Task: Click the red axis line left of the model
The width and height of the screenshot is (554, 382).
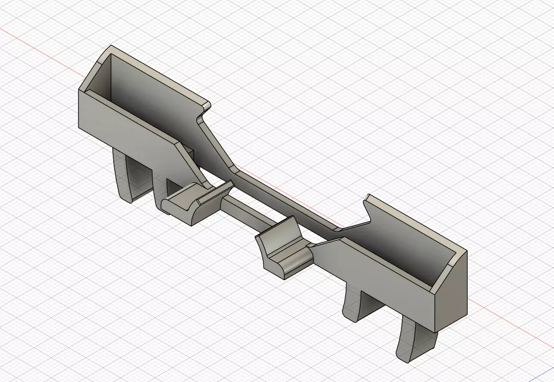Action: [38, 48]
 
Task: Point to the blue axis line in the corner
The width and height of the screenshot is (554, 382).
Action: [547, 374]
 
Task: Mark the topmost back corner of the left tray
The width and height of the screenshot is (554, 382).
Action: [111, 47]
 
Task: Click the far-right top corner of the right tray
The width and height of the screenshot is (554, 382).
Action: [466, 251]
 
